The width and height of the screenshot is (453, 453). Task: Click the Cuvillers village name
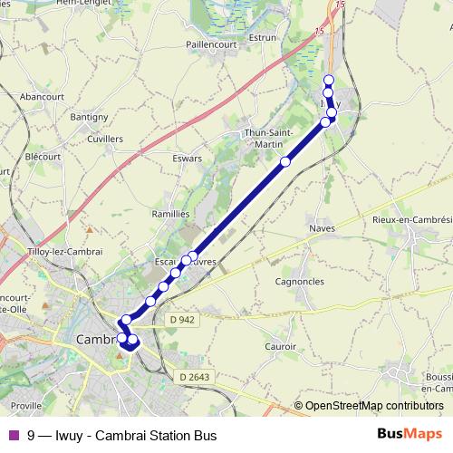pos(105,139)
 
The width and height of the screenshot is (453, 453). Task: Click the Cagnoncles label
pos(298,282)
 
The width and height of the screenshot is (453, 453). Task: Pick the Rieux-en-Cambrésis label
pos(413,219)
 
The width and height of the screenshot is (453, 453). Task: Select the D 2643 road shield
pos(193,377)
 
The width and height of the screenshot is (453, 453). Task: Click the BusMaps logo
pos(409,436)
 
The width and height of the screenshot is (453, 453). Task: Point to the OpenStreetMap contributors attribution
pos(373,406)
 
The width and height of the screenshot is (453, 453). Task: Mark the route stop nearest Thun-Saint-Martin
pos(285,162)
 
